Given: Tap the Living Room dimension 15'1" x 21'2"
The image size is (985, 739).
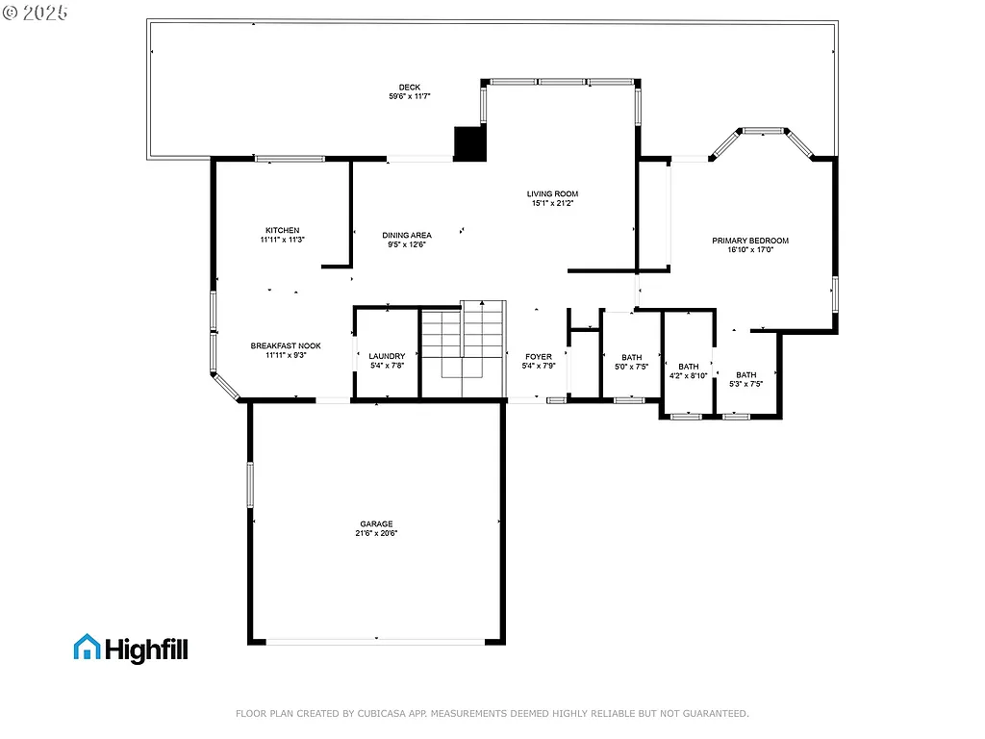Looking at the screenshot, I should click(552, 203).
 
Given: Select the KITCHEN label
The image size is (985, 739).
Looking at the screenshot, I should click(282, 230).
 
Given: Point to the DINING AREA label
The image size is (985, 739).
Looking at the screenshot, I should click(406, 235).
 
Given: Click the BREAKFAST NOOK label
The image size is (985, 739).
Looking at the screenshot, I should click(286, 345).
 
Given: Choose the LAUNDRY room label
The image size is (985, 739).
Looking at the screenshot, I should click(387, 356).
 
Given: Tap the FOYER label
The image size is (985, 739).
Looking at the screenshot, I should click(538, 357).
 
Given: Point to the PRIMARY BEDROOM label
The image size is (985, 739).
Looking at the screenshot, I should click(750, 241).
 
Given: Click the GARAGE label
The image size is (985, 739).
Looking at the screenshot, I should click(376, 524).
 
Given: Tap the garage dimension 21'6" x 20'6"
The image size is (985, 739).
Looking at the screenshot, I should click(376, 533).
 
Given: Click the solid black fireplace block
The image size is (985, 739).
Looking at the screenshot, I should click(469, 144).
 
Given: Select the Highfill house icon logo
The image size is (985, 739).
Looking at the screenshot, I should click(87, 648).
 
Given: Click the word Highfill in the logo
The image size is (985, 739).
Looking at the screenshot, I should click(146, 650).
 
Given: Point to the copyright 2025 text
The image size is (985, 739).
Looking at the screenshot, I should click(35, 13).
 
